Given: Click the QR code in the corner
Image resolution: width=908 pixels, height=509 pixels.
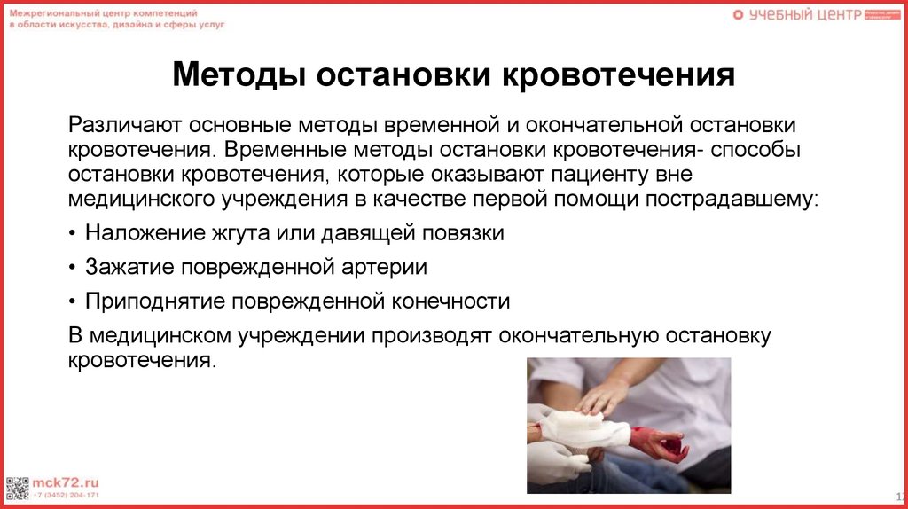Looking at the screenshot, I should [x=17, y=488].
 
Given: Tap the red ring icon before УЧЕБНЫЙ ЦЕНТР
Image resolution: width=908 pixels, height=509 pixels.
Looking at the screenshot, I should [x=738, y=15].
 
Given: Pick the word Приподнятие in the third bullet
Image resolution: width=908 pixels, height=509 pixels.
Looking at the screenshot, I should [x=155, y=301].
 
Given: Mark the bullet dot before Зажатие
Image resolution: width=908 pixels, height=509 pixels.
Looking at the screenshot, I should [x=72, y=268].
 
